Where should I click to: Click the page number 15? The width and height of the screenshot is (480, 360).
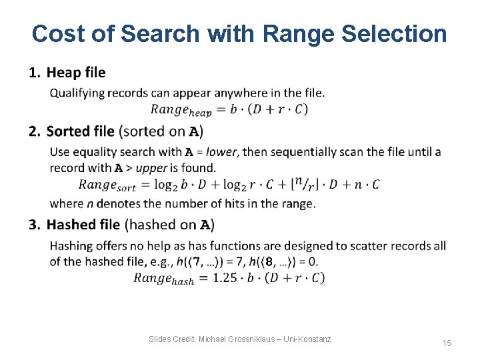[x=447, y=343]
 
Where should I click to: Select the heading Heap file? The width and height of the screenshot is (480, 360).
[x=75, y=73]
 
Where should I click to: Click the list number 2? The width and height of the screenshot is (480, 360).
[x=34, y=131]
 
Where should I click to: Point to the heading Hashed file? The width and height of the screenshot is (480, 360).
[x=83, y=225]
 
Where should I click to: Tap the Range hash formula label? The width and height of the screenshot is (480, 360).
[x=163, y=279]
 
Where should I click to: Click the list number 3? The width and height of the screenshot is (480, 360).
[x=34, y=225]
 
